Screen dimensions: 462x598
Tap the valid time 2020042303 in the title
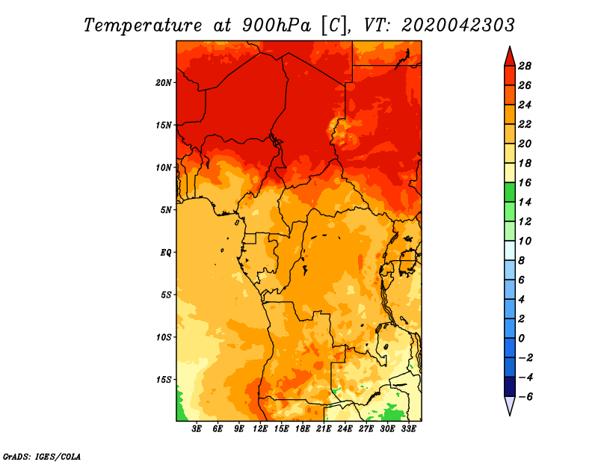click(x=457, y=25)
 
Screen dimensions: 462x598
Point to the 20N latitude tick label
click(x=164, y=82)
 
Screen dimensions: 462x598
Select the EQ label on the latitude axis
click(x=166, y=252)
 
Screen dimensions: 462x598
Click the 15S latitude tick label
click(x=164, y=379)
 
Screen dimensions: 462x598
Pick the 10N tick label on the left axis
click(x=164, y=167)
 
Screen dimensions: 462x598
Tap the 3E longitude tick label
click(x=197, y=429)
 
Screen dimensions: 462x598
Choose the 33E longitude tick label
click(x=409, y=429)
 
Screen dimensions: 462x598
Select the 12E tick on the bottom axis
click(x=261, y=429)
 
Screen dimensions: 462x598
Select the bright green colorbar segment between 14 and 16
click(x=509, y=192)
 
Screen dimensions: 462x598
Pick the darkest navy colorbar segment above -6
click(x=509, y=386)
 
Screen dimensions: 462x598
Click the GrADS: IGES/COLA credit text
click(x=42, y=455)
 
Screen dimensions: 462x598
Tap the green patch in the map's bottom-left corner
click(x=180, y=409)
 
